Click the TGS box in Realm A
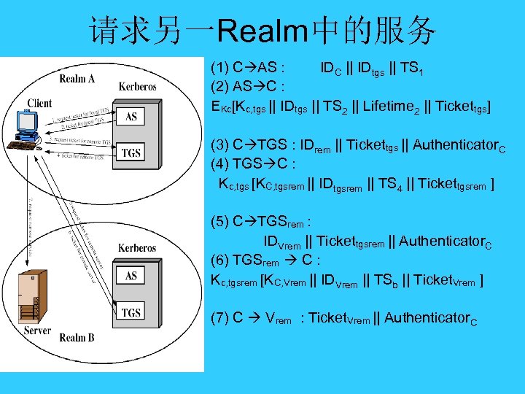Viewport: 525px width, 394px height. [x=131, y=152]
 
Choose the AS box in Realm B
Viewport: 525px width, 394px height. [x=131, y=277]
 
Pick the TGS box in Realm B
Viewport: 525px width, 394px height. [x=131, y=313]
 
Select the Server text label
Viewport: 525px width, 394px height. [x=37, y=331]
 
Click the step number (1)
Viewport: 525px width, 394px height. [x=219, y=69]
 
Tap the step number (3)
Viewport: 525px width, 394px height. [x=219, y=144]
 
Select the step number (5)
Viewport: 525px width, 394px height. [x=219, y=220]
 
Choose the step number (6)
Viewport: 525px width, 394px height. [x=219, y=260]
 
